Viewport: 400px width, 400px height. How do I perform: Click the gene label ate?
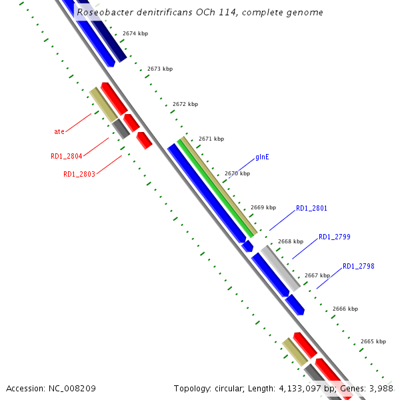tap(59, 131)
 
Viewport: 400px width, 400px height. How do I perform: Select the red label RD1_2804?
tap(67, 156)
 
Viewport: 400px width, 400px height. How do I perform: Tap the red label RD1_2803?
tap(79, 174)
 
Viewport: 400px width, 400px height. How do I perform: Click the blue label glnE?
tap(262, 158)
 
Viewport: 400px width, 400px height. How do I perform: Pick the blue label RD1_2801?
tap(311, 208)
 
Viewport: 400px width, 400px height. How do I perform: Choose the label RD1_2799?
tap(335, 237)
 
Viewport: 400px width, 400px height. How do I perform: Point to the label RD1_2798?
tap(359, 267)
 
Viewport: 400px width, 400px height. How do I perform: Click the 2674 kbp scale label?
tap(135, 33)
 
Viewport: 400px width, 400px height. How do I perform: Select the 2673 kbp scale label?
tap(160, 69)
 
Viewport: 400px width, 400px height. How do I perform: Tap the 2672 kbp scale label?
tap(185, 104)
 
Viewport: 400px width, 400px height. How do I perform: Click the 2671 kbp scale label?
tap(211, 139)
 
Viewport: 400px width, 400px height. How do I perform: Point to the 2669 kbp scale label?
tap(263, 207)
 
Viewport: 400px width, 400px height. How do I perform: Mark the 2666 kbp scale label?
tap(345, 309)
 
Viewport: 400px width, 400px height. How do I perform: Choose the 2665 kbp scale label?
tap(373, 341)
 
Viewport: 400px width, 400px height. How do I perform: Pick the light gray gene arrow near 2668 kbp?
tap(280, 267)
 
